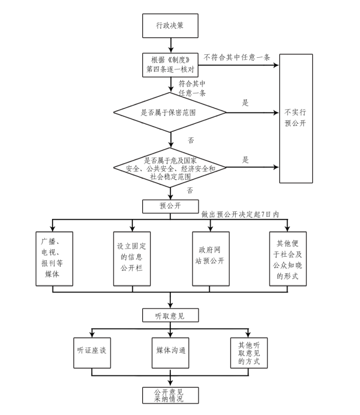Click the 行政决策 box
(x=170, y=26)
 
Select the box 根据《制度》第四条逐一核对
(x=170, y=64)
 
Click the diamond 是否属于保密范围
(x=170, y=113)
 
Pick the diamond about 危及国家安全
(x=170, y=168)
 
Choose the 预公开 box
(x=170, y=205)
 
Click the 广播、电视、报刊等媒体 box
(x=54, y=259)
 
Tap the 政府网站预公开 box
(x=209, y=259)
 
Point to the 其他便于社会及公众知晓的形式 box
(x=287, y=259)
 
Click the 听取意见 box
(x=170, y=315)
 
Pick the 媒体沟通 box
(x=170, y=352)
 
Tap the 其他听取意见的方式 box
(x=249, y=352)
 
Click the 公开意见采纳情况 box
(x=169, y=395)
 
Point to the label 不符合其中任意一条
(x=236, y=57)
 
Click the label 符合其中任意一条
(x=193, y=88)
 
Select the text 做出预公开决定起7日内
(x=240, y=214)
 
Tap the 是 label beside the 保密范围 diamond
(x=246, y=103)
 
